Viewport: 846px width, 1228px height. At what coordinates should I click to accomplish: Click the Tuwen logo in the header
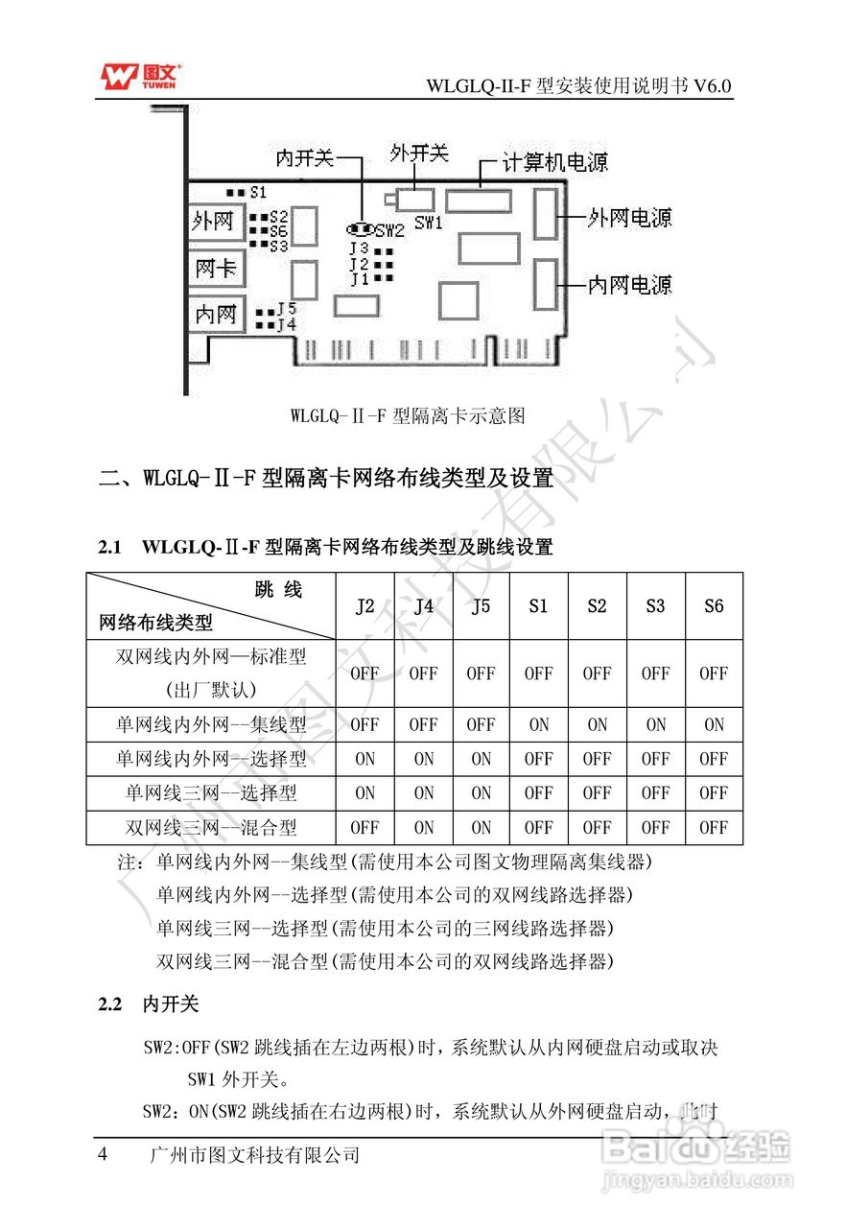(140, 77)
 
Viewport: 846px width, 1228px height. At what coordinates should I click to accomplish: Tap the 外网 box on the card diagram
(213, 222)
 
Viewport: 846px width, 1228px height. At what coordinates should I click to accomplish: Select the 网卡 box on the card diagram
(215, 268)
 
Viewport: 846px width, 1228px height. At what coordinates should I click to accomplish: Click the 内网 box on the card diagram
(215, 314)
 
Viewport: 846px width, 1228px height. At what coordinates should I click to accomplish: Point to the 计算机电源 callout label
(555, 162)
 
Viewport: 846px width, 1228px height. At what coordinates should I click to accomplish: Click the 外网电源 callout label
(629, 218)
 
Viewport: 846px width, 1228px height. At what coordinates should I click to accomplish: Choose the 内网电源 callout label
(629, 284)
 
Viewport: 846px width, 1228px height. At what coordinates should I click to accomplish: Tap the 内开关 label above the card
(304, 157)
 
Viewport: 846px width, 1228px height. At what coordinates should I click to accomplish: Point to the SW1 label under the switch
(429, 223)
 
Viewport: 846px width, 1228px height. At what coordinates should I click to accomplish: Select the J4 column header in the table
(423, 606)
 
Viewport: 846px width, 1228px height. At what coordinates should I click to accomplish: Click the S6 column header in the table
(714, 606)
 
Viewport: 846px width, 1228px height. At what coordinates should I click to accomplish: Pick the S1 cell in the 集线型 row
(539, 724)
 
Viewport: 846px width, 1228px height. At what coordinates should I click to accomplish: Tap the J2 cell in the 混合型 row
(364, 827)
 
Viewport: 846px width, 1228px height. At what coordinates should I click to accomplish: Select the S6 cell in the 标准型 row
(714, 673)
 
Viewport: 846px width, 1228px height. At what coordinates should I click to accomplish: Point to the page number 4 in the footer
(104, 1154)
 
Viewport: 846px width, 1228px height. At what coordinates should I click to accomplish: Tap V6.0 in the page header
(714, 85)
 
